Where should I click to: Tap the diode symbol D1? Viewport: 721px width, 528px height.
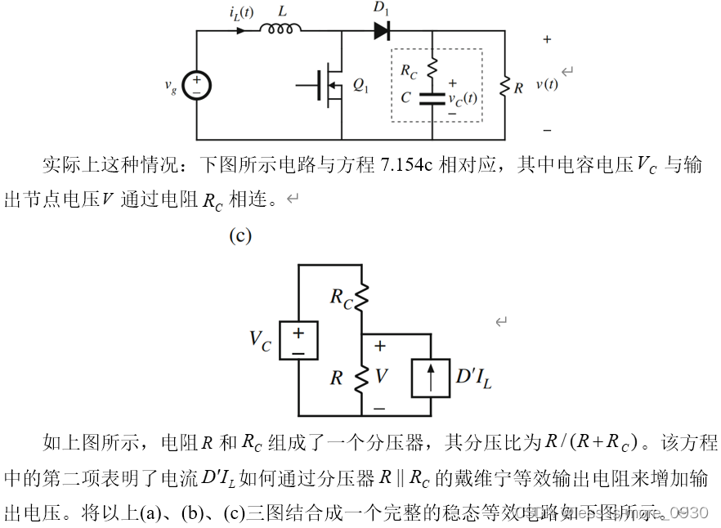coord(382,30)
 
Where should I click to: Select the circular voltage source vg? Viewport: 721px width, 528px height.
coord(196,86)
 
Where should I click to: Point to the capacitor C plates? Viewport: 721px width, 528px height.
coord(432,98)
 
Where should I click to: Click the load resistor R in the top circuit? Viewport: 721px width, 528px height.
coord(504,86)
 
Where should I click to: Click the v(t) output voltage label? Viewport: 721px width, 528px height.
coord(547,83)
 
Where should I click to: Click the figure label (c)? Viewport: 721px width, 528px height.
coord(240,236)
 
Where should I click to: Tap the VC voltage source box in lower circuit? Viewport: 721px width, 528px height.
coord(298,340)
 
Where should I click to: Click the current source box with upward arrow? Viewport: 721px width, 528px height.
coord(432,377)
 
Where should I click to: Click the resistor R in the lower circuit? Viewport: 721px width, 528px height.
coord(361,378)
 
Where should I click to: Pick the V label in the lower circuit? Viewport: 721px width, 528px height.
coord(381,376)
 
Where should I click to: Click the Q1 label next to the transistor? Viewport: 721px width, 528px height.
coord(360,85)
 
